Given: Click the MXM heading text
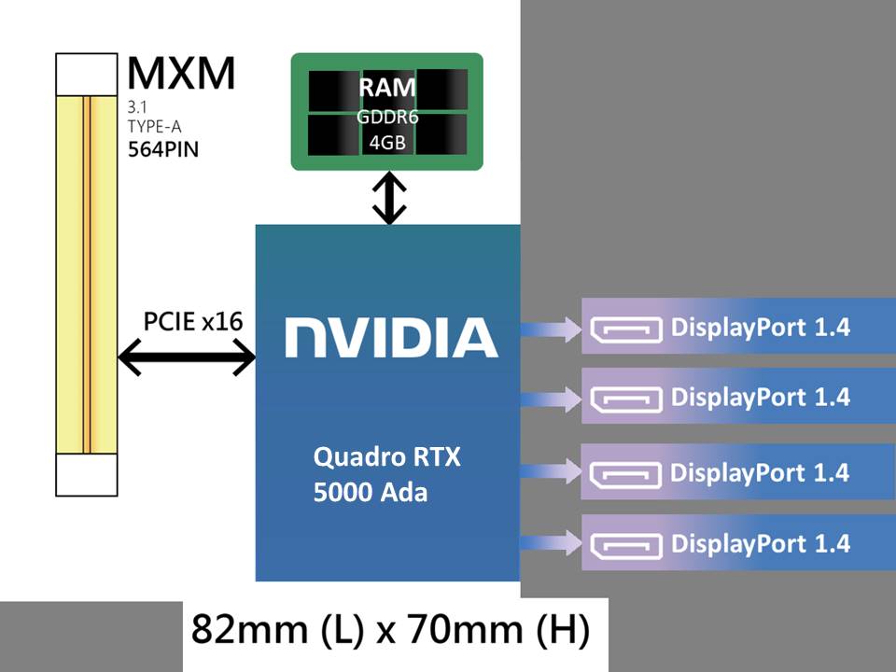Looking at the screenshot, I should pos(181,74).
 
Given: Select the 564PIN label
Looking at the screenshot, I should pos(162,149).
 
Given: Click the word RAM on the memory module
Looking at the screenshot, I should pos(388,90).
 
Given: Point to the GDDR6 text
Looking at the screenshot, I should pos(388,118).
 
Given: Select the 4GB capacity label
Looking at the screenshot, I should pos(388,144).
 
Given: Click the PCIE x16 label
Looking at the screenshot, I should pos(193,322).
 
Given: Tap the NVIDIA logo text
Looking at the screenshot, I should pos(390,337).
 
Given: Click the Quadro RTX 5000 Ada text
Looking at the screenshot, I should pos(387,475).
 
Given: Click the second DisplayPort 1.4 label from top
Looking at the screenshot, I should pos(761,397).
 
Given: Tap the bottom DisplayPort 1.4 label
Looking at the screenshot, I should pos(761,543).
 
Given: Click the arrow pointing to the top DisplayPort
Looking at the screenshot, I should pos(551,328).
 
